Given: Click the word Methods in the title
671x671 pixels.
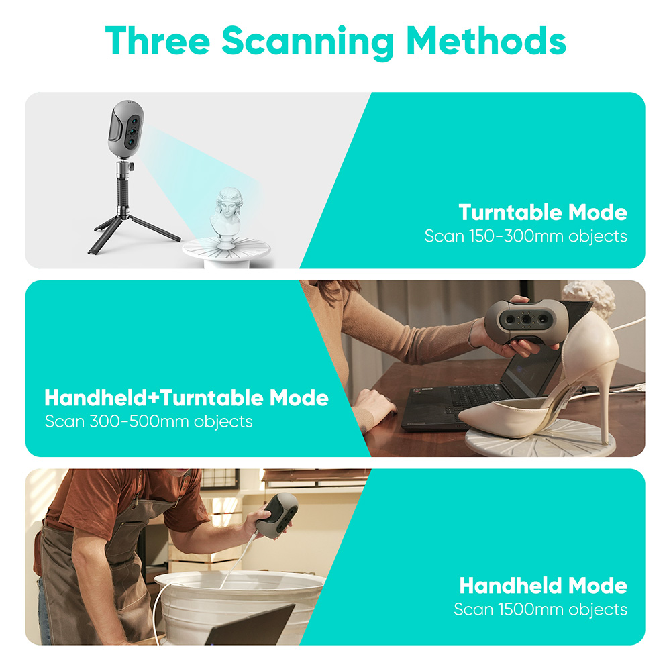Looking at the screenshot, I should [486, 42].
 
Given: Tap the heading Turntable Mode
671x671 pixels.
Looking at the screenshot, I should [542, 213].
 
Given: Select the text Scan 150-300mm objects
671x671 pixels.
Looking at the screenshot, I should [525, 236].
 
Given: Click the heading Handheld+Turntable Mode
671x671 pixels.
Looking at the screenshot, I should [186, 398].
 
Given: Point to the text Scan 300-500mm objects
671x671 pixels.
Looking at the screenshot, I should [148, 421].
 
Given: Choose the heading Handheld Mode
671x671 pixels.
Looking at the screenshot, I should [542, 585].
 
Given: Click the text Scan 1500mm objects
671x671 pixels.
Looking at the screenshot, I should [540, 609].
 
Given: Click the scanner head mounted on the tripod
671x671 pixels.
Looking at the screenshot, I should [126, 127].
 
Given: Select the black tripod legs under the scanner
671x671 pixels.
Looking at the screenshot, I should [134, 228].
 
